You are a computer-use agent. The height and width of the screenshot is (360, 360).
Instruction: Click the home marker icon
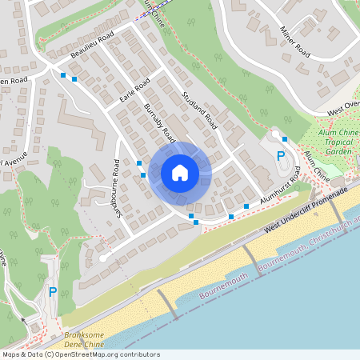180,172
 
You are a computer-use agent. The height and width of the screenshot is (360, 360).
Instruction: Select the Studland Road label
199,110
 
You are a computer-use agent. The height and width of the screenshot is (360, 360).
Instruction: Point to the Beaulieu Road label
92,50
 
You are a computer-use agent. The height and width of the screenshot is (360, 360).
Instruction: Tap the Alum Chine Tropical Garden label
336,142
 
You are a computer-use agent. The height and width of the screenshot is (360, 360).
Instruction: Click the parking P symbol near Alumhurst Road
280,156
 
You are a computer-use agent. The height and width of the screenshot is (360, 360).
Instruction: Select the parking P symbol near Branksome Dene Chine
53,292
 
